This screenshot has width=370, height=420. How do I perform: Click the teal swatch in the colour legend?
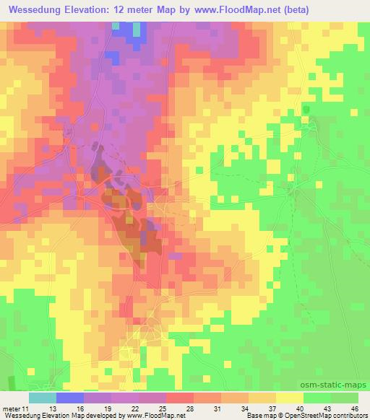(43, 398)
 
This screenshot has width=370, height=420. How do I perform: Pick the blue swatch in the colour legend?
(70, 398)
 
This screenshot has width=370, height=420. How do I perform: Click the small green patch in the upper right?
(306, 110)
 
